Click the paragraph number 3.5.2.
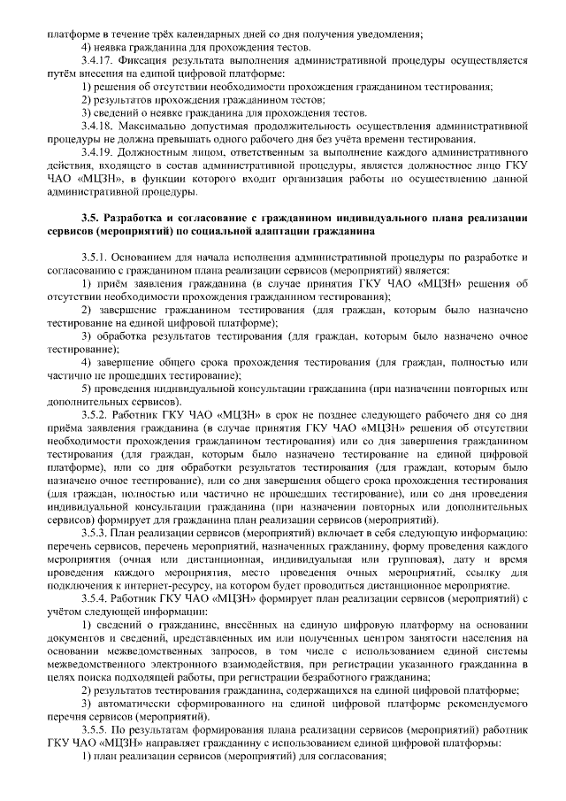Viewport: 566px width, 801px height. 95,413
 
